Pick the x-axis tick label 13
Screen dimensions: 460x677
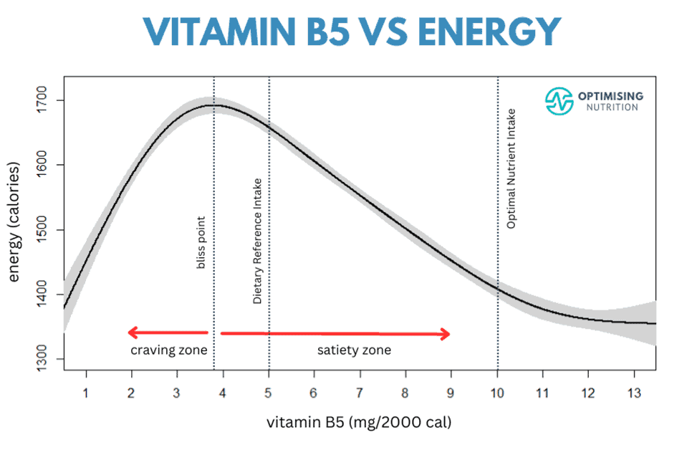(633, 393)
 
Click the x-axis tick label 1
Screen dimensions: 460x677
(86, 393)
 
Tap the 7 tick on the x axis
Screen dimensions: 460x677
(360, 393)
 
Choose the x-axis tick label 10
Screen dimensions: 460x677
(497, 393)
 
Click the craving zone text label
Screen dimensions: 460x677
(168, 350)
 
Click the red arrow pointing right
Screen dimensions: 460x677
(335, 333)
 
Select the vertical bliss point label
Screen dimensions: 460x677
(201, 243)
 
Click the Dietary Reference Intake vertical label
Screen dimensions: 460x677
(257, 241)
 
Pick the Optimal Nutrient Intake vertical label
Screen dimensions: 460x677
(511, 168)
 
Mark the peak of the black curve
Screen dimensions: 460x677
(213, 105)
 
